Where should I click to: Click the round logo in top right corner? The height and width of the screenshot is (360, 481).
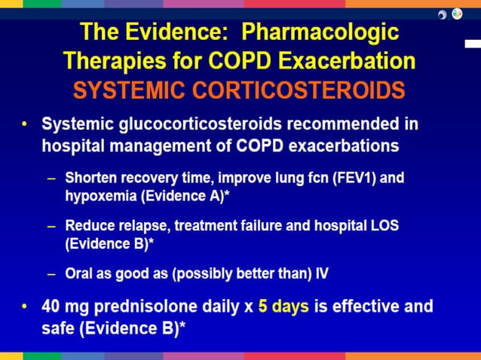pyautogui.click(x=457, y=14)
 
